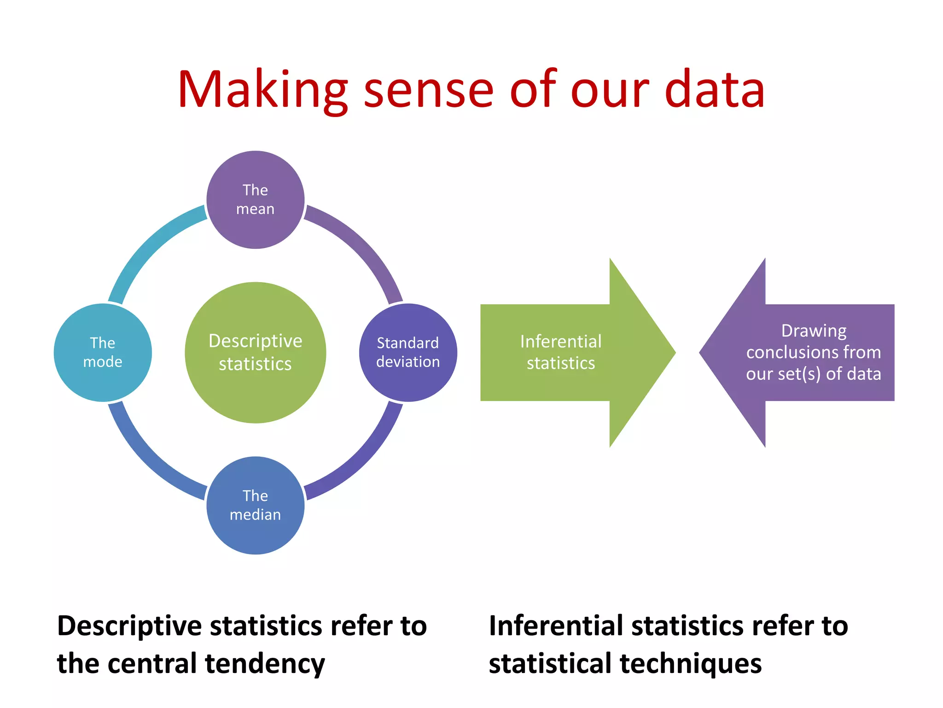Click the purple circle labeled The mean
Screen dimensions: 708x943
(x=255, y=200)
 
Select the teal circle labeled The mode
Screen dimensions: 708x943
(x=103, y=353)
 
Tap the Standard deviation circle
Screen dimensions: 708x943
(x=408, y=353)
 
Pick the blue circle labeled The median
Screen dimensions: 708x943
(x=255, y=505)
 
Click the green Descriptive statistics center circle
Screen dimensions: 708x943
(x=255, y=353)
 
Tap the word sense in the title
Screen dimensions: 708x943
(x=428, y=90)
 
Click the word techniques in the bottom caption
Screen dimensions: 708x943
(x=691, y=664)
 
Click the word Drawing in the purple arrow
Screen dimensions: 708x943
(x=814, y=331)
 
